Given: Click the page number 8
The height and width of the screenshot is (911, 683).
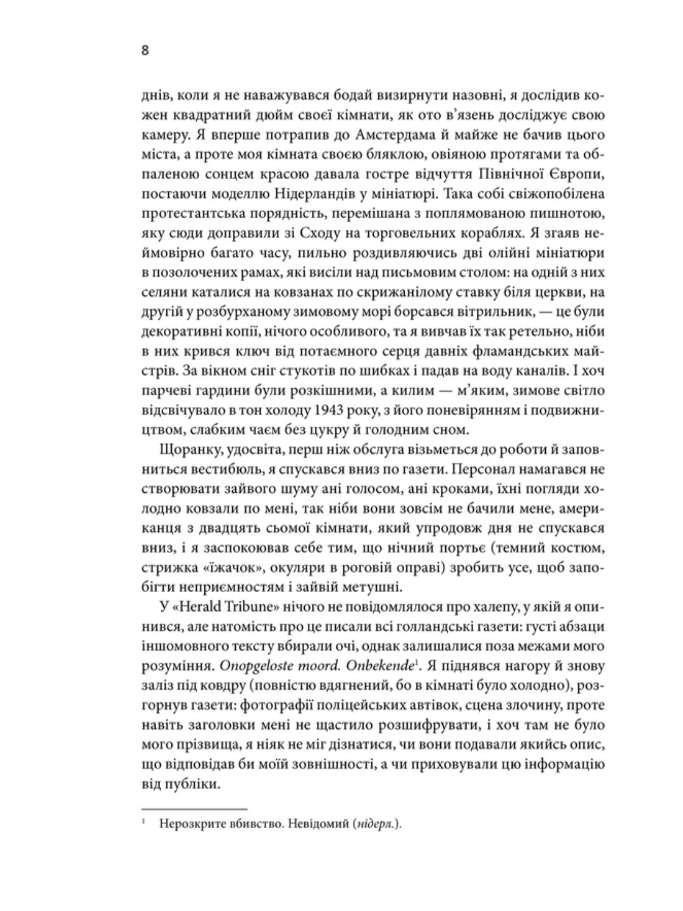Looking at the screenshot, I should pos(145,51).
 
